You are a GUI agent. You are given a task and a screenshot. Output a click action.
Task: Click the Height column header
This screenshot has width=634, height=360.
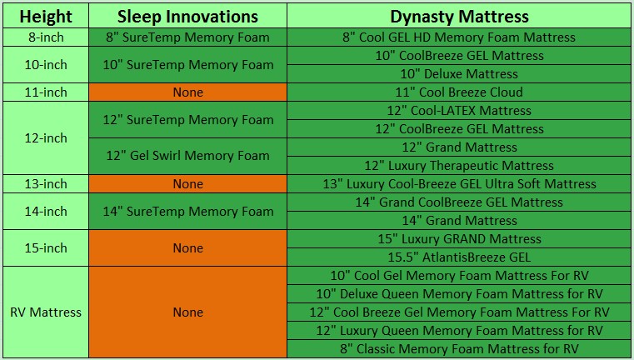pyautogui.click(x=46, y=16)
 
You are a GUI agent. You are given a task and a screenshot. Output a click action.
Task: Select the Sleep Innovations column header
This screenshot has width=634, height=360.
pyautogui.click(x=188, y=16)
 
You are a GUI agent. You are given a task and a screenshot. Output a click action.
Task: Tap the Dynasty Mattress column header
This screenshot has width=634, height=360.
pyautogui.click(x=459, y=16)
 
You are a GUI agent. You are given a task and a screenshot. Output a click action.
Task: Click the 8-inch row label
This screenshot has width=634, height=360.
pyautogui.click(x=46, y=37)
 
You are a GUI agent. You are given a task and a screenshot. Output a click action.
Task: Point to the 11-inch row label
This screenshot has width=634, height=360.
pyautogui.click(x=46, y=92)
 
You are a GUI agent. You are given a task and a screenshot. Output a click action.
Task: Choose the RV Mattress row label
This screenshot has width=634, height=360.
pyautogui.click(x=46, y=312)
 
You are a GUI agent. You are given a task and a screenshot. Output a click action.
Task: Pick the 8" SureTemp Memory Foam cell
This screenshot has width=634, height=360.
pyautogui.click(x=188, y=37)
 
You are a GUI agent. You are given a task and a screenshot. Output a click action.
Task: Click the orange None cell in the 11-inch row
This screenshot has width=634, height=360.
pyautogui.click(x=188, y=92)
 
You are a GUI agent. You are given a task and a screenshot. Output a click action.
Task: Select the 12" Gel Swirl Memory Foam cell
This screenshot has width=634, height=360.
pyautogui.click(x=188, y=156)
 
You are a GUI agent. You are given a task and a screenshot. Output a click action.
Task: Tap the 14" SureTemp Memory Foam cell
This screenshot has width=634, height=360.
pyautogui.click(x=188, y=211)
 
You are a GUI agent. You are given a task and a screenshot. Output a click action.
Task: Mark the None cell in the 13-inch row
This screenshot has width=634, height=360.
pyautogui.click(x=188, y=183)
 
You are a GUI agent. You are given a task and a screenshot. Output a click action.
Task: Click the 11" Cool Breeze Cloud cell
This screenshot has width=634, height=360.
pyautogui.click(x=459, y=92)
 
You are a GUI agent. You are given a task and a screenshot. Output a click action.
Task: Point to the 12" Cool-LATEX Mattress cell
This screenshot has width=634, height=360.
pyautogui.click(x=459, y=111)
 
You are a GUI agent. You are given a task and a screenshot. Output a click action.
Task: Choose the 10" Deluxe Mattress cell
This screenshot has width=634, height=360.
pyautogui.click(x=459, y=73)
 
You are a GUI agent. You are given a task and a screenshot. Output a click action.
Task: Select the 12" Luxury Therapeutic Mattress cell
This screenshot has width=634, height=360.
pyautogui.click(x=459, y=166)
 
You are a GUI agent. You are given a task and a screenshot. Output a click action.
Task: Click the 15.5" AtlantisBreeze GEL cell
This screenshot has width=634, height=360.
pyautogui.click(x=459, y=257)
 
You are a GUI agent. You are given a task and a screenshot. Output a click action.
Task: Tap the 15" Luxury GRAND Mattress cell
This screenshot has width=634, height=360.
pyautogui.click(x=459, y=238)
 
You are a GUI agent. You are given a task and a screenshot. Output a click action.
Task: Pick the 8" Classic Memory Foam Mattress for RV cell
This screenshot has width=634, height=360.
pyautogui.click(x=459, y=348)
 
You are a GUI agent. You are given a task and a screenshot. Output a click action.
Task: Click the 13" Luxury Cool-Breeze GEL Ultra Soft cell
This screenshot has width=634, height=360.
pyautogui.click(x=459, y=183)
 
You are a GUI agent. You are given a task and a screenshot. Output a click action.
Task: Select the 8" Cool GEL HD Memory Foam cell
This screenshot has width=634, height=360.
pyautogui.click(x=459, y=37)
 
